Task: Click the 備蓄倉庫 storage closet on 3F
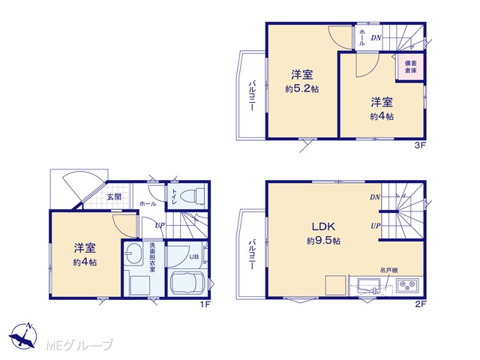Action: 410,67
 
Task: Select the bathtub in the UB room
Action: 187,283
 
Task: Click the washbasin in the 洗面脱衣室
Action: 133,253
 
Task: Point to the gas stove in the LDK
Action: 408,286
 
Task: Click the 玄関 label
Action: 114,196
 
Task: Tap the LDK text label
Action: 323,226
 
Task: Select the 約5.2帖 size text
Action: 301,89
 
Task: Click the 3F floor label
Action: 420,145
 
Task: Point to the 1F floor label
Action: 205,304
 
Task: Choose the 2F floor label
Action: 421,304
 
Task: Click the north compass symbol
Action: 23,335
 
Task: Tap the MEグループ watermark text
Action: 80,345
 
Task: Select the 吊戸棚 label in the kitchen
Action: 388,270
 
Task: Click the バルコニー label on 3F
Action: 253,95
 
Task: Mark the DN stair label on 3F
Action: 376,38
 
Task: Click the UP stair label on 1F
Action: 160,226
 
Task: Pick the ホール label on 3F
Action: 361,37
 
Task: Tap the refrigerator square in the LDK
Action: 335,285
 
